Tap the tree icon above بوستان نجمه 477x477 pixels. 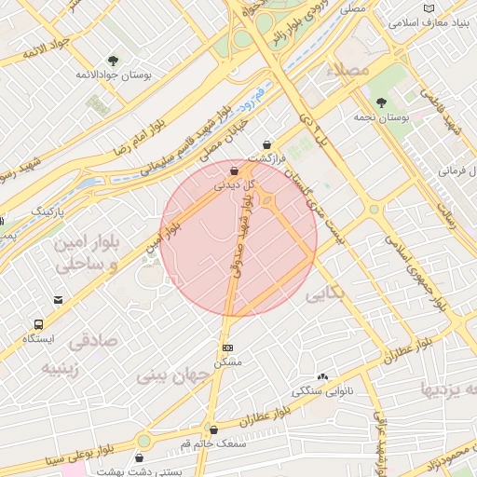[x=381, y=102]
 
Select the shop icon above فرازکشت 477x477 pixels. [x=268, y=144]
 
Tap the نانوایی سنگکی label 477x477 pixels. [x=322, y=389]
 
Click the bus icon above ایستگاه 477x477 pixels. [x=39, y=324]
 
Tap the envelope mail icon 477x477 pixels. [x=58, y=300]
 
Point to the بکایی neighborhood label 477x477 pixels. [x=324, y=294]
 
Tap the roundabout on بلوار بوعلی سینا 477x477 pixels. [x=143, y=441]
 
